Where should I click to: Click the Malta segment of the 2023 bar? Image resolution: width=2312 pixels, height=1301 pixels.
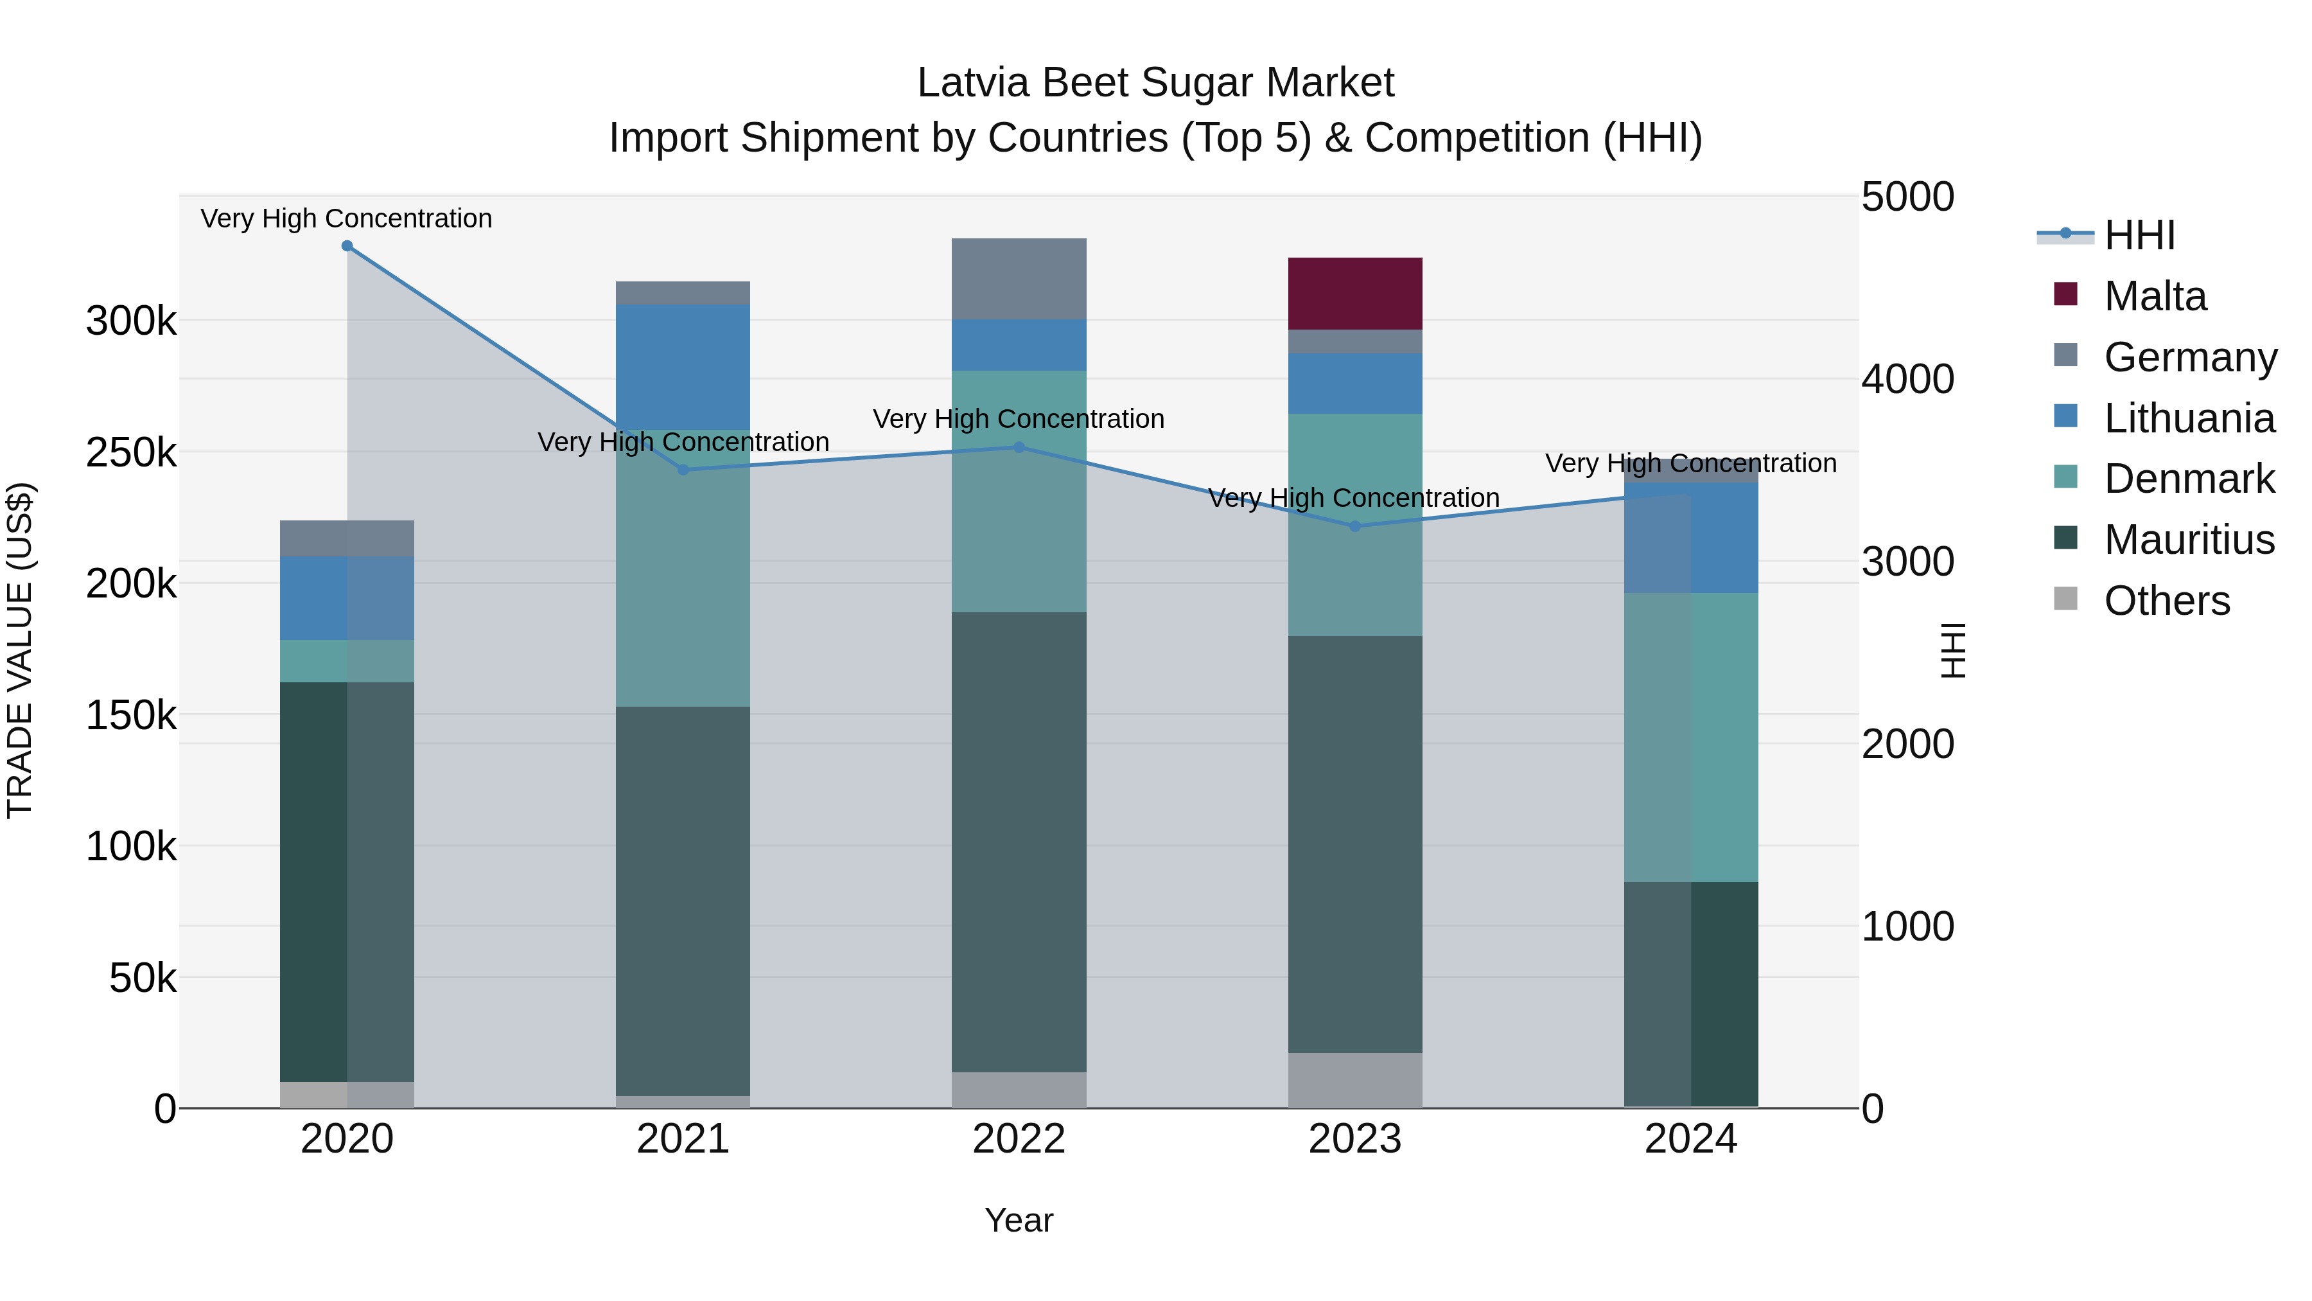(x=1354, y=294)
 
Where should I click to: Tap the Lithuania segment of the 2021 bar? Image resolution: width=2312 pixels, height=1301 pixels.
(x=682, y=366)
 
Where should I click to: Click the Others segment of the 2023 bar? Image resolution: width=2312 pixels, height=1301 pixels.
(x=1354, y=1080)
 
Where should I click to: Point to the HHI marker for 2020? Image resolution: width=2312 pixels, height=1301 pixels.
(x=347, y=246)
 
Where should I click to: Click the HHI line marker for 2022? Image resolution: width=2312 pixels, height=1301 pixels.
(x=1019, y=447)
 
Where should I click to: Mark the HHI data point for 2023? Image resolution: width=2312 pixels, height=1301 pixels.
(x=1354, y=526)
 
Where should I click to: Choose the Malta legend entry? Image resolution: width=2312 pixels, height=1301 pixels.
(x=2154, y=296)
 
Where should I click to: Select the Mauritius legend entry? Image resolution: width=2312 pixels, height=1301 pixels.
(x=2188, y=540)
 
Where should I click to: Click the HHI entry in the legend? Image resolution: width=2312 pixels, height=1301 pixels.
(x=2139, y=235)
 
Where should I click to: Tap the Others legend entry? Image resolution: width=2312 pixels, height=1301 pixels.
(x=2166, y=601)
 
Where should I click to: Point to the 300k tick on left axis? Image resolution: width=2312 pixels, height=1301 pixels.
(x=131, y=321)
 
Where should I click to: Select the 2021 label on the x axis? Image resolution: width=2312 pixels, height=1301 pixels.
(x=682, y=1139)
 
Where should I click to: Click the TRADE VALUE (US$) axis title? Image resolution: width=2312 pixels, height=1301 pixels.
(x=20, y=650)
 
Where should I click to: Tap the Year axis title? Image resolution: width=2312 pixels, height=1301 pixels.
(x=1019, y=1220)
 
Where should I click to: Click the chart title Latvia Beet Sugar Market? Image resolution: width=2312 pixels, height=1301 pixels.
(x=1155, y=83)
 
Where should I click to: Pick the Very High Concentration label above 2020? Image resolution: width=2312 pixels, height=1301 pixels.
(x=346, y=218)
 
